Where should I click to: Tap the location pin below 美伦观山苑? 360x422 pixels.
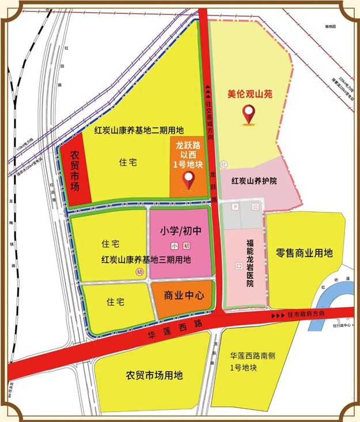click(x=249, y=114)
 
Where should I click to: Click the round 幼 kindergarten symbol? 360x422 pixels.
click(x=139, y=272)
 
